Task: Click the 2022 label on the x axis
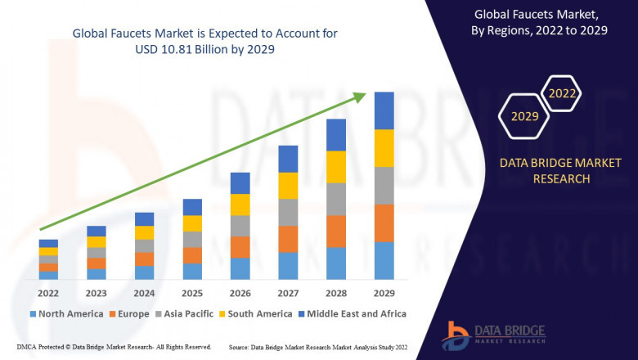click(48, 293)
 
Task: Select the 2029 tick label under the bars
click(384, 293)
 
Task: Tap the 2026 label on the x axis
click(240, 293)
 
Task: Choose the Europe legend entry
click(128, 313)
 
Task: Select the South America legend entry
click(256, 313)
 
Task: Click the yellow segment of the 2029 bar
click(384, 148)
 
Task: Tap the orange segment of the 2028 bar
click(336, 232)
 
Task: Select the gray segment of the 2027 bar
click(288, 212)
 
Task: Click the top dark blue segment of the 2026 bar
click(240, 182)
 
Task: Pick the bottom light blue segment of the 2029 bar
click(384, 260)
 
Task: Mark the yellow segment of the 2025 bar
click(192, 223)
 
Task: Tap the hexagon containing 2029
click(524, 117)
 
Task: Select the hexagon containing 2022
click(562, 93)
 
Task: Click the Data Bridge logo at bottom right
click(491, 335)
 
